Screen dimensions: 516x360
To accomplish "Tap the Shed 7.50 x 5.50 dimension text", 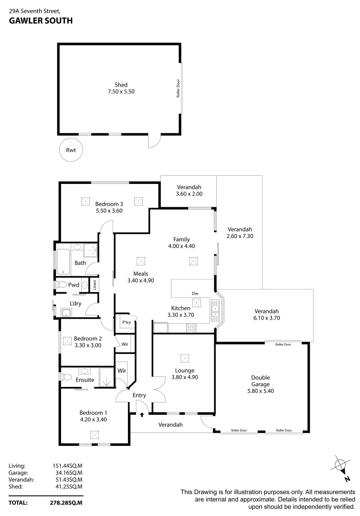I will [x=121, y=92].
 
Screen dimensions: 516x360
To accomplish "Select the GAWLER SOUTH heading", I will [x=41, y=21].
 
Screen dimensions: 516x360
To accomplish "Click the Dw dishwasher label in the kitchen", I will [x=195, y=293].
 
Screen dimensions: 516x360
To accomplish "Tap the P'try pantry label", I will [x=126, y=323].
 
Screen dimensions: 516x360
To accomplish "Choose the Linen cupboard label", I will [x=95, y=285].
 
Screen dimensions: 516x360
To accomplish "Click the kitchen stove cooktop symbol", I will [x=191, y=328].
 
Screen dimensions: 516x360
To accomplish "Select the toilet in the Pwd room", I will [x=61, y=285].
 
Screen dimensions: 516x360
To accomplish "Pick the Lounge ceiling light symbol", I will [x=184, y=358].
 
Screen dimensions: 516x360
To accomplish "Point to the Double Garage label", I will [x=261, y=380].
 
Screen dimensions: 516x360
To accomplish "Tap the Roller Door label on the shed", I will [x=178, y=88].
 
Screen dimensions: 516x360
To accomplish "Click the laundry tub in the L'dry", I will [x=66, y=313].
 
